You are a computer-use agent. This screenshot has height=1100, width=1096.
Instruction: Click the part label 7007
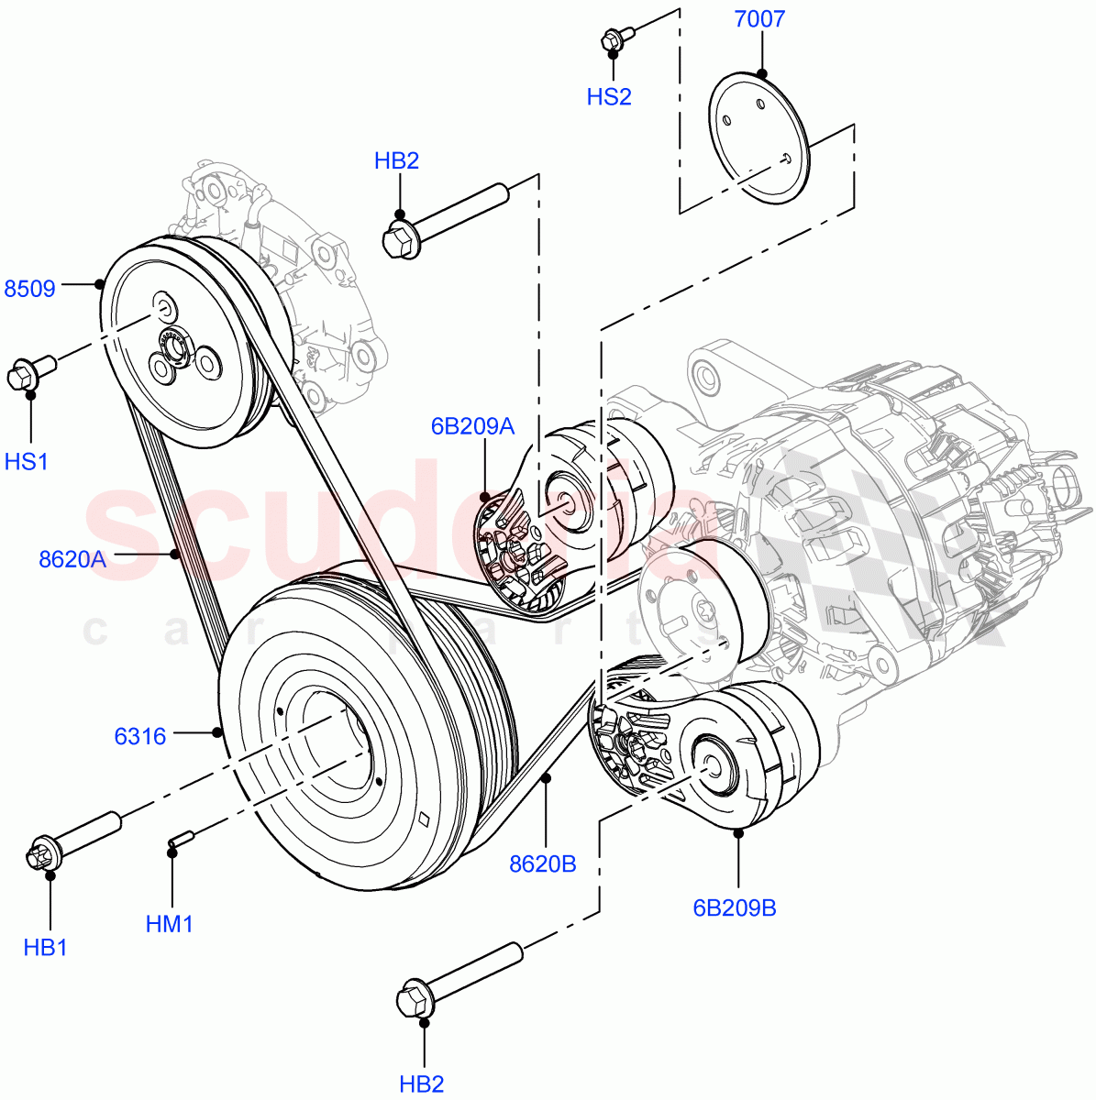point(759,19)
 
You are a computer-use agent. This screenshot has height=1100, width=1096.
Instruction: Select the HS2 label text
point(609,97)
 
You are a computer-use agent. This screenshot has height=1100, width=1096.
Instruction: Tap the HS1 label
point(27,462)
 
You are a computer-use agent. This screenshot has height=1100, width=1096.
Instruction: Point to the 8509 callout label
point(30,289)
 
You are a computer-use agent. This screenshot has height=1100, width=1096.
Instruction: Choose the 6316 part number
point(140,736)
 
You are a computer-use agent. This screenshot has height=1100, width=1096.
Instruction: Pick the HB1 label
point(46,947)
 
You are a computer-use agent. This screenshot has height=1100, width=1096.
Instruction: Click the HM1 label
point(170,924)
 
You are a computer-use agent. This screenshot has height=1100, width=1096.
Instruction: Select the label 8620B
point(543,863)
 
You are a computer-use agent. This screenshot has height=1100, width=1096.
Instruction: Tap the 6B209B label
point(735,907)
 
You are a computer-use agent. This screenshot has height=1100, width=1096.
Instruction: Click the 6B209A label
point(472,426)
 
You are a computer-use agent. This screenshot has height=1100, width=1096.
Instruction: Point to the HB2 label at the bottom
point(422,1084)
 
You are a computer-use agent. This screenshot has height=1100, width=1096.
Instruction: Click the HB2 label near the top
point(396,161)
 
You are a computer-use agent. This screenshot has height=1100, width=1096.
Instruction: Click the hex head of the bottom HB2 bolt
point(413,999)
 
